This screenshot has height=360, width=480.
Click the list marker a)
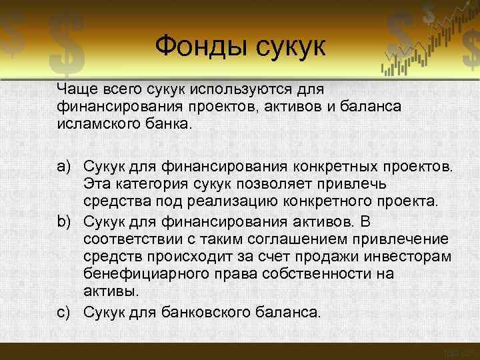[65, 165]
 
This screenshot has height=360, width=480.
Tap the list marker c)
[65, 311]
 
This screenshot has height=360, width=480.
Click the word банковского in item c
[216, 311]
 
